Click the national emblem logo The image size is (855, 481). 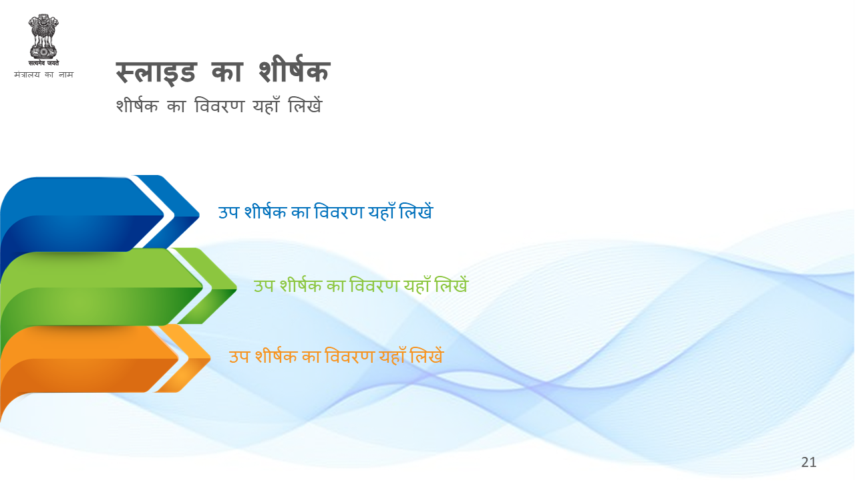[x=43, y=40]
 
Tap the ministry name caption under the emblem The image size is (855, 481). [x=43, y=74]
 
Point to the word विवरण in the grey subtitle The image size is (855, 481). [x=218, y=106]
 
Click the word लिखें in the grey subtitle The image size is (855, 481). [x=305, y=105]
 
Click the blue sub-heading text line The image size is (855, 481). [x=325, y=212]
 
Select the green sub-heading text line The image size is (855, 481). [x=361, y=285]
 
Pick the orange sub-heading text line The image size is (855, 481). [x=336, y=356]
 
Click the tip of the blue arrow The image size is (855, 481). [x=199, y=215]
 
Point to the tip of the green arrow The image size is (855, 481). [x=236, y=288]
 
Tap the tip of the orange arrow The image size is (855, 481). [x=210, y=359]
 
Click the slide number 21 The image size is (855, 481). [x=808, y=462]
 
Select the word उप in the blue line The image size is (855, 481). [x=228, y=212]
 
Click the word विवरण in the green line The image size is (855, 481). [x=374, y=285]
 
